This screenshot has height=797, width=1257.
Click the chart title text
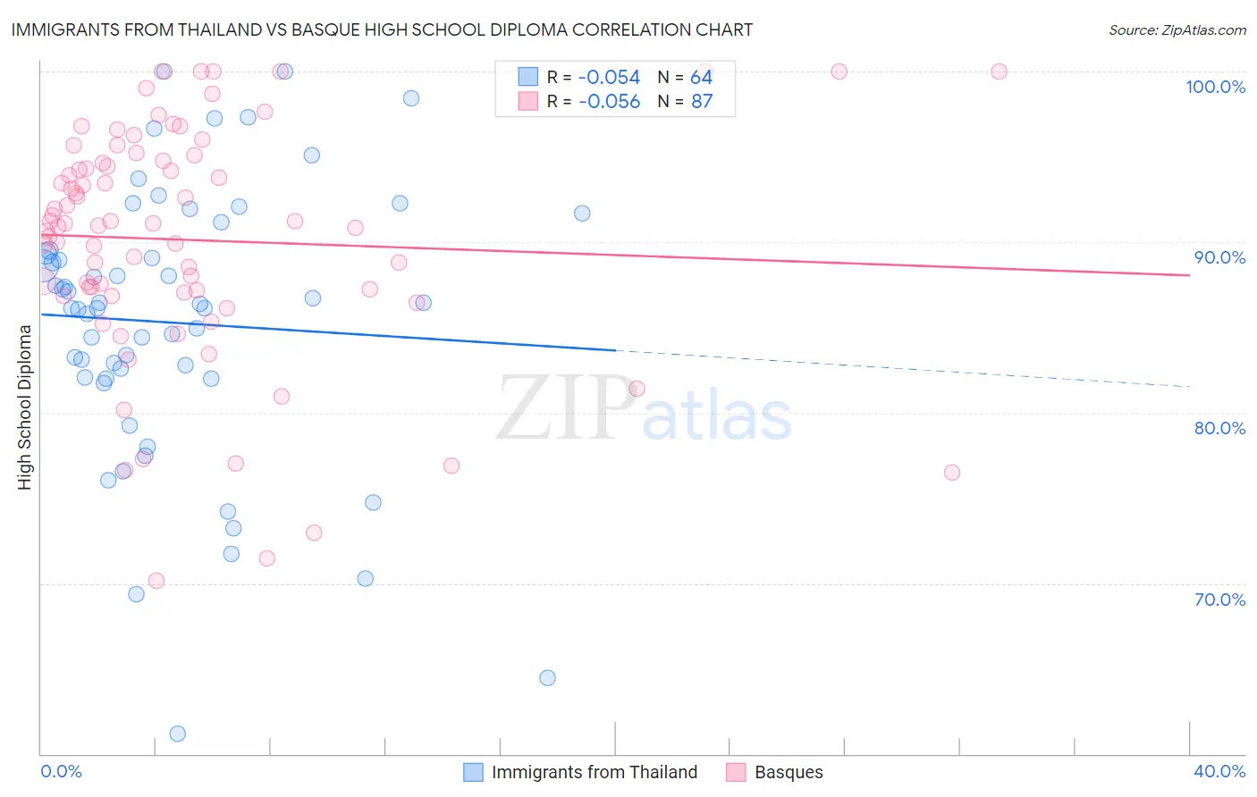coord(382,29)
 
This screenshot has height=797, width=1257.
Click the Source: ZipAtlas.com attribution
coord(1177,29)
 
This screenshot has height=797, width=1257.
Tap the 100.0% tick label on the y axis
coord(1215,87)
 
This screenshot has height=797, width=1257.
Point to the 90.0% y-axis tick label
coord(1219,257)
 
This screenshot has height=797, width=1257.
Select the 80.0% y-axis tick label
coord(1219,428)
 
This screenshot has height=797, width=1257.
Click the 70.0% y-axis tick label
coord(1219,600)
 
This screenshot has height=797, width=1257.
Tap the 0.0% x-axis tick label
coord(61,771)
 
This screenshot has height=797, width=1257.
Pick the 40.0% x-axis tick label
coord(1219,771)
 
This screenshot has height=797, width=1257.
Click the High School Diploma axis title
coord(24,407)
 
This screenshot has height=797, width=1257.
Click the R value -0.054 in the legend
coord(609,78)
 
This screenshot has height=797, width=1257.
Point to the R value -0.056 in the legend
coord(609,102)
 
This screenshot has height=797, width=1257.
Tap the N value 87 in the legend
coord(702,102)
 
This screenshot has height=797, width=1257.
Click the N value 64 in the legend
coord(702,78)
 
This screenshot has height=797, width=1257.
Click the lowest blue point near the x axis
coord(177,734)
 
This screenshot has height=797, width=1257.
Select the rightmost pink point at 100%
coord(999,71)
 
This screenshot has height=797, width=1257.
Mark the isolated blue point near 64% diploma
coord(547,678)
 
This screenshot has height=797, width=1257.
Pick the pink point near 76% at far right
coord(952,473)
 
